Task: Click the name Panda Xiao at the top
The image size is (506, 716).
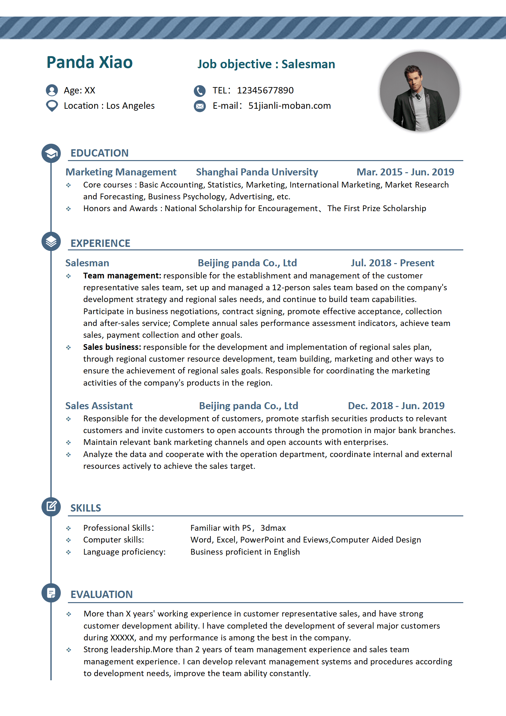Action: [x=90, y=62]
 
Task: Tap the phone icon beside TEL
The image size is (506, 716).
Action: [x=200, y=91]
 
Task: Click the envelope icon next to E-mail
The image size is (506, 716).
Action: [x=200, y=106]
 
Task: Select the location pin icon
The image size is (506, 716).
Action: [x=52, y=106]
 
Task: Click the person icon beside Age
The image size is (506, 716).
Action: [x=52, y=90]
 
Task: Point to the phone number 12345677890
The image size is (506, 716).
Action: [x=265, y=91]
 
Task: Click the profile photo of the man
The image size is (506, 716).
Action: [x=419, y=92]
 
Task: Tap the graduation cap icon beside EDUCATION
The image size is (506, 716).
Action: [x=51, y=153]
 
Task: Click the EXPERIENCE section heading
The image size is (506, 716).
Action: [x=100, y=243]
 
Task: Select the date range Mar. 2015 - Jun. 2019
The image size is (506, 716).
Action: [x=405, y=172]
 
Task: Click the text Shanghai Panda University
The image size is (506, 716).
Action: [x=257, y=172]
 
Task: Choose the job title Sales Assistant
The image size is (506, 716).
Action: [x=99, y=406]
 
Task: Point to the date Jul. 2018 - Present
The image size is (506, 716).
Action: [x=392, y=263]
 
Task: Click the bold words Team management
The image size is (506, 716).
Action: [x=122, y=276]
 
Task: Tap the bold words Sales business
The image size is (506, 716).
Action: [x=112, y=347]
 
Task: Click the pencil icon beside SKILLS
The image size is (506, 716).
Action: [x=51, y=506]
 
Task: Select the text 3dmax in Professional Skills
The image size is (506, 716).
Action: [x=273, y=528]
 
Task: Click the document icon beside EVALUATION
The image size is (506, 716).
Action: [x=51, y=593]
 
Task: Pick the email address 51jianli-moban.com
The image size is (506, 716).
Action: [x=290, y=106]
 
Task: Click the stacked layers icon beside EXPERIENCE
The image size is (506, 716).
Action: [x=51, y=241]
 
